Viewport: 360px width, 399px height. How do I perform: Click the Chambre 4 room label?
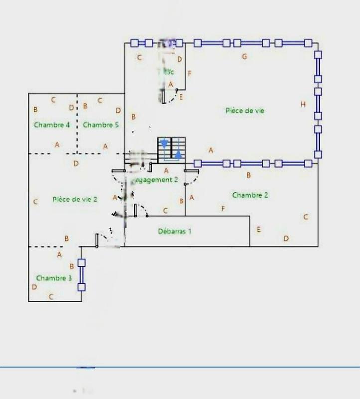pos(52,125)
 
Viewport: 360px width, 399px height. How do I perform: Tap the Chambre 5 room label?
pos(101,125)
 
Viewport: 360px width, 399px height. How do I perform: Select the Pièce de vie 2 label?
pos(75,199)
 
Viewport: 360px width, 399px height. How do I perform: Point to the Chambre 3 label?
pos(54,278)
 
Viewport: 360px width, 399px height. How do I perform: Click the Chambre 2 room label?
pos(250,195)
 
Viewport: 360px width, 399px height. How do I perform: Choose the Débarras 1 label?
pos(175,231)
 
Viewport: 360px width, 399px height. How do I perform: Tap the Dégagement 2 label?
pos(156,180)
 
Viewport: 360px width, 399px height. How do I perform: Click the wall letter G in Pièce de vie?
pos(244,56)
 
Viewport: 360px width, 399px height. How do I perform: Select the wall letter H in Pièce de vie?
pos(303,104)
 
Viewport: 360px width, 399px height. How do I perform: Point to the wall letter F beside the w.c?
pos(190,74)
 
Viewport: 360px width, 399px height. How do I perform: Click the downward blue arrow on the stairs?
pos(164,145)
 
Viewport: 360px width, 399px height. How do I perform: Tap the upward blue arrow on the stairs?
pos(178,154)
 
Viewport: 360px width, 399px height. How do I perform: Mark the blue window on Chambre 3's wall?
pos(81,274)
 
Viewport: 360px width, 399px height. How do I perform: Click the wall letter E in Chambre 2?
pos(258,229)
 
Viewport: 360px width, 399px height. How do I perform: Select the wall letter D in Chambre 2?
pos(286,238)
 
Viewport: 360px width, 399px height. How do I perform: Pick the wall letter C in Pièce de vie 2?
pos(35,202)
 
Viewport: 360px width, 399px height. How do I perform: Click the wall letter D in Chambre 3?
pos(34,287)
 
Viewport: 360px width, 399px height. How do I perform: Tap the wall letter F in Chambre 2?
pos(223,208)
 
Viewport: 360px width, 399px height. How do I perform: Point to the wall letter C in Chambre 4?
pos(53,100)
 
